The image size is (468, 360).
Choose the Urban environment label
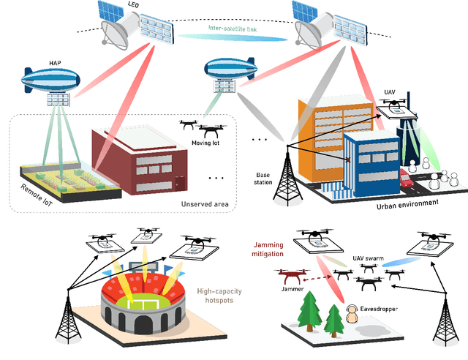click(407, 204)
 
